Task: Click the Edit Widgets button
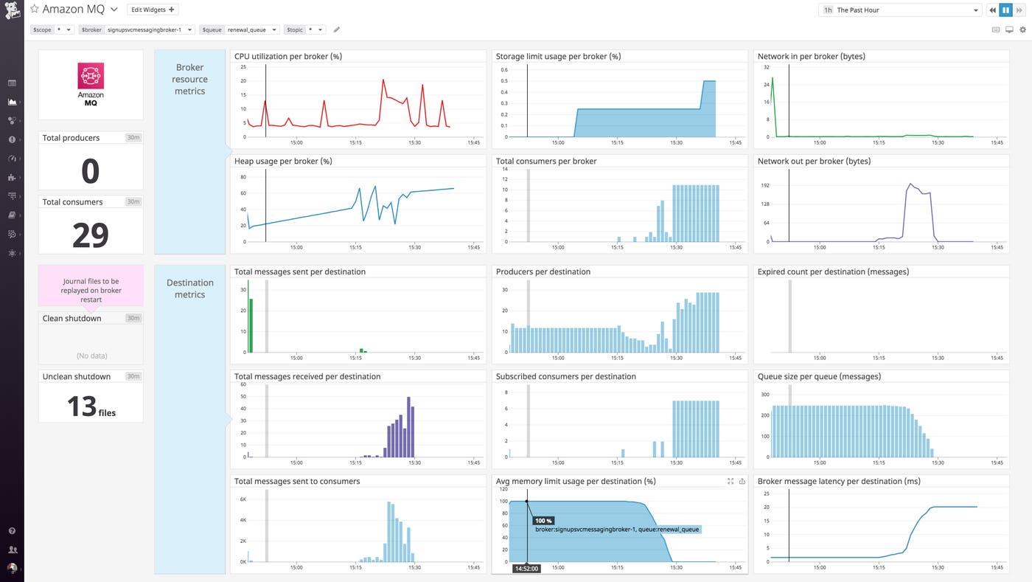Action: (153, 10)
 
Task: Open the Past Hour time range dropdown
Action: (900, 10)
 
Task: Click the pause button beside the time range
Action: (1005, 10)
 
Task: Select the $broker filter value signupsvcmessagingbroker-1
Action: (149, 30)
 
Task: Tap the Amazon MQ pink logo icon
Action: (91, 76)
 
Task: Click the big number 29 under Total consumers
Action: (91, 235)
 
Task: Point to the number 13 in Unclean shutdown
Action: (82, 406)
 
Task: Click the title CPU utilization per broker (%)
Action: (287, 56)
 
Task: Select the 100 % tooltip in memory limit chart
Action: (543, 521)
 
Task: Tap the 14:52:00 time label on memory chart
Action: (526, 569)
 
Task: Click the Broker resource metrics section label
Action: (189, 79)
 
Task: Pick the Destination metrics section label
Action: (189, 288)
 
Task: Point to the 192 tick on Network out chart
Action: (764, 186)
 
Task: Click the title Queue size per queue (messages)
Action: (819, 376)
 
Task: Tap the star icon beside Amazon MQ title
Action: (34, 10)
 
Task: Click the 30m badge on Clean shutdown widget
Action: (133, 318)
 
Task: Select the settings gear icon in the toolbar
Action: (1022, 30)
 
